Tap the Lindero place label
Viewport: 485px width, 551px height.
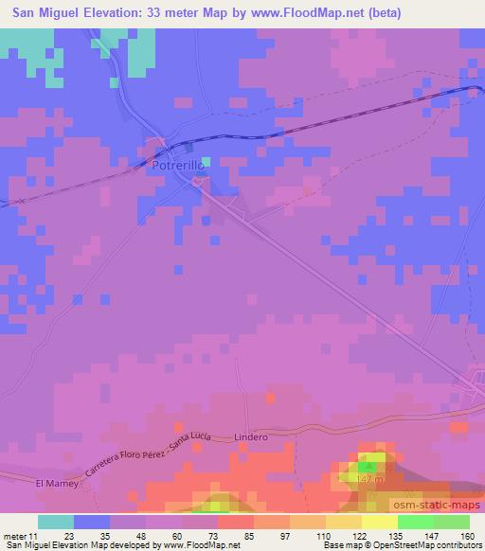click(251, 437)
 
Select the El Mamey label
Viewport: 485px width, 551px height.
click(53, 483)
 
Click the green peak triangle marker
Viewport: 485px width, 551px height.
click(370, 467)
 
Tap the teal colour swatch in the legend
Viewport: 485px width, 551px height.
click(56, 522)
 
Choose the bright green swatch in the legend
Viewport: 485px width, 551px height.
click(417, 522)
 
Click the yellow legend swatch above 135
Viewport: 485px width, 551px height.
click(380, 522)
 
